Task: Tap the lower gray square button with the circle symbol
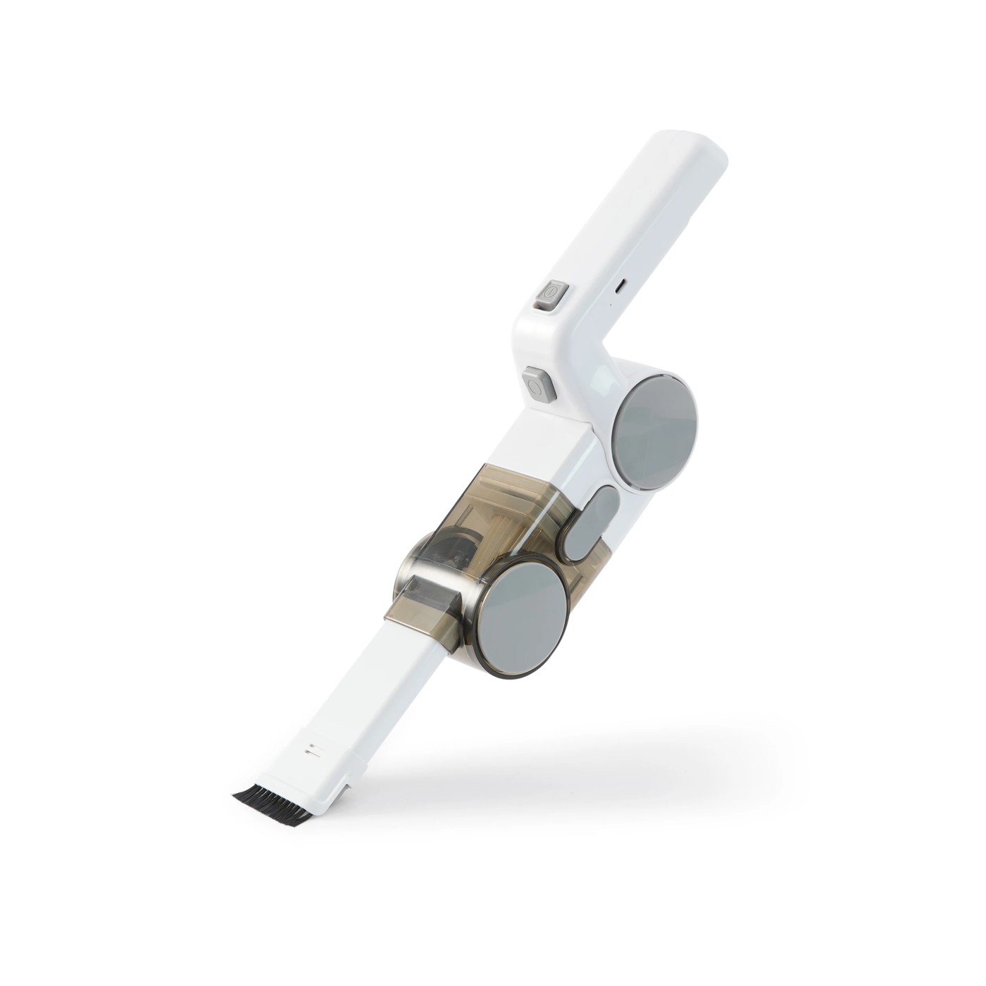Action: pos(536,385)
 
